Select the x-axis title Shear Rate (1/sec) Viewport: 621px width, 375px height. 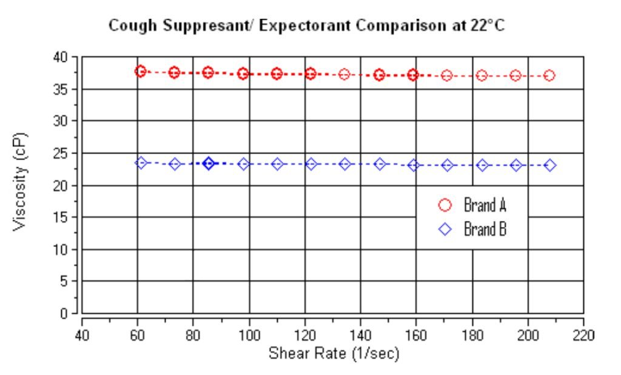pyautogui.click(x=334, y=353)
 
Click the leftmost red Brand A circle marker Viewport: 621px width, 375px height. pyautogui.click(x=141, y=71)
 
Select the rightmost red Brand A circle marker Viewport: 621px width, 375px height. pyautogui.click(x=549, y=75)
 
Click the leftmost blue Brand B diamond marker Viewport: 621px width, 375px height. pyautogui.click(x=141, y=163)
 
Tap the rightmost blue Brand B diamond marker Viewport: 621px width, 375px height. pyautogui.click(x=549, y=165)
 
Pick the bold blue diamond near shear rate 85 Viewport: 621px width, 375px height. pyautogui.click(x=209, y=163)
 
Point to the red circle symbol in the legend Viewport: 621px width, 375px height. pyautogui.click(x=445, y=205)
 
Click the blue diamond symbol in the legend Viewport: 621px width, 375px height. pyautogui.click(x=445, y=229)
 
